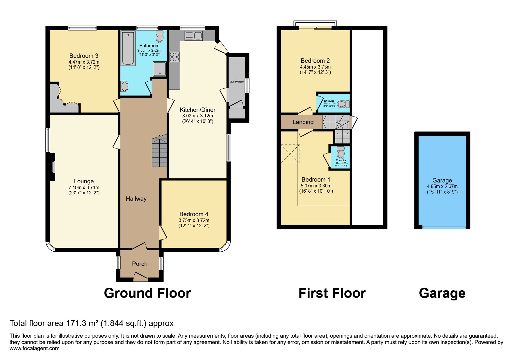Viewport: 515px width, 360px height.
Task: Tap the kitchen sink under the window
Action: [193, 36]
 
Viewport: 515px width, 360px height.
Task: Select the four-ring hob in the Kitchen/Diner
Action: [174, 56]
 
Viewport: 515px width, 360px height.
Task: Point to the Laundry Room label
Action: [237, 82]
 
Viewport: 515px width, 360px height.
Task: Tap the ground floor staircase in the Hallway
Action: [159, 151]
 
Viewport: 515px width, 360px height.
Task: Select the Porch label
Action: [140, 264]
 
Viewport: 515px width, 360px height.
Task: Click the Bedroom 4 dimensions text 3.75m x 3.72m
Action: [194, 221]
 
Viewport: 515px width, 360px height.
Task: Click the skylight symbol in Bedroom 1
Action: [290, 154]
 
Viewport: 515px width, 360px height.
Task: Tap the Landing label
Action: [303, 122]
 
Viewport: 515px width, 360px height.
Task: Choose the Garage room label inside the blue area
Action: [442, 180]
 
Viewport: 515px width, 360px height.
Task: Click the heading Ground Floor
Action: [147, 293]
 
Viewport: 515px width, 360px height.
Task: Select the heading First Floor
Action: [332, 293]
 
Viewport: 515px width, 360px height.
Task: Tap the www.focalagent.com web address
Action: [34, 348]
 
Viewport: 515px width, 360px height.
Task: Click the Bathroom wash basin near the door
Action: [124, 86]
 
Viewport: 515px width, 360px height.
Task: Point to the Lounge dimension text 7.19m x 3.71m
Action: [84, 188]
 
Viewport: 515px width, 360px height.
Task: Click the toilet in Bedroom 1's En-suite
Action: [340, 152]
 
